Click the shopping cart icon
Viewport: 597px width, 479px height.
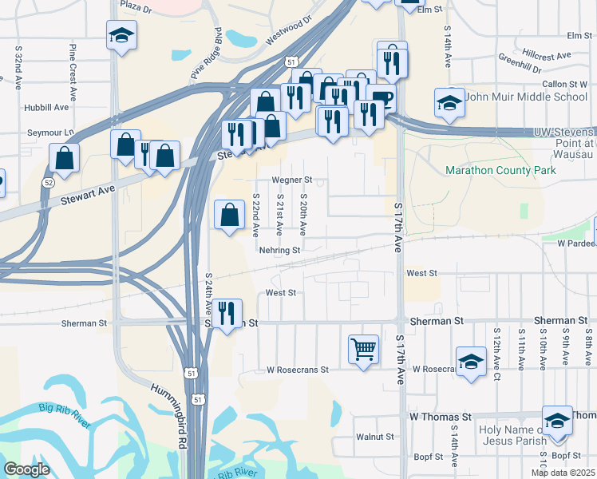363,348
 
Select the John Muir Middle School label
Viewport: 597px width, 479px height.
526,97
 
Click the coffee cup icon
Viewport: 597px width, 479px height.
382,100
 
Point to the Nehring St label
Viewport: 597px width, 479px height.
279,250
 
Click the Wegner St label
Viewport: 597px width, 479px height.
291,180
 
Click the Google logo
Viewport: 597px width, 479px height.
26,469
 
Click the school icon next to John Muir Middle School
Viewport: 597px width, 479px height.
449,102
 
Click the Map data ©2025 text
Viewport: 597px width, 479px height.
563,473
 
